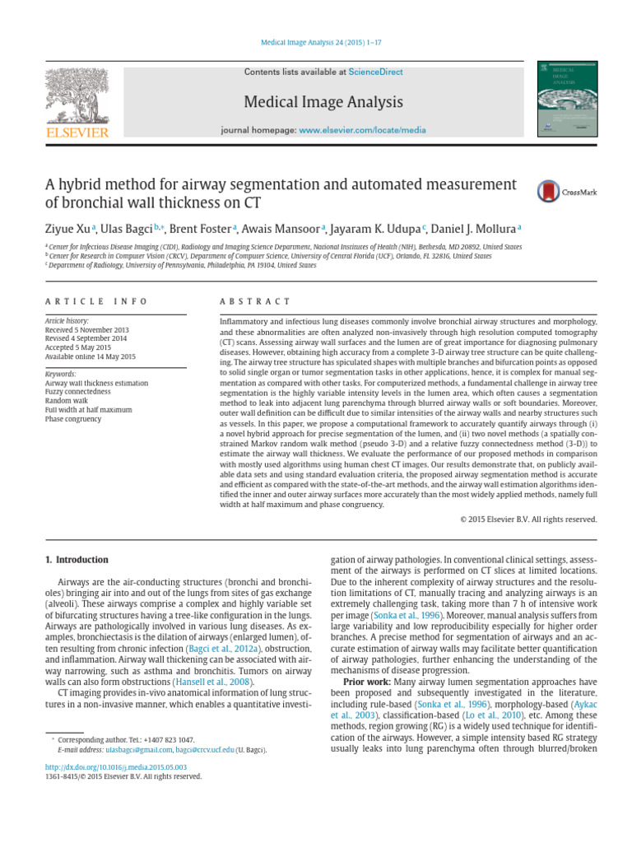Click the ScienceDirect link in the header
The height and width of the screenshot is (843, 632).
375,72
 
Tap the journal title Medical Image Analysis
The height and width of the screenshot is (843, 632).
323,102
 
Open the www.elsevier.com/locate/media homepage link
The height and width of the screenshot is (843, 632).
362,131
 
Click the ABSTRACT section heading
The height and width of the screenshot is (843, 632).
255,301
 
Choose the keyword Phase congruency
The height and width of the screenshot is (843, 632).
73,419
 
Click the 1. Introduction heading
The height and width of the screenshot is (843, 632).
76,560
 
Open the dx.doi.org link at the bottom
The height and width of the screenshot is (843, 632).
109,766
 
